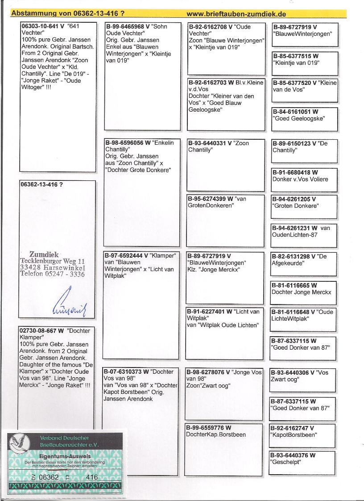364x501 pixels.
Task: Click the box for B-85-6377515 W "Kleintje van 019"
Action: [x=305, y=63]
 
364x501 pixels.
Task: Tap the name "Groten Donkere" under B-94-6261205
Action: [x=295, y=206]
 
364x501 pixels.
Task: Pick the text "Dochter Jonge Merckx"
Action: [x=302, y=292]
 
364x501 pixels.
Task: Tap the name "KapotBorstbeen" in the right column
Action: [x=294, y=434]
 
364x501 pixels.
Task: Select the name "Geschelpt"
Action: [x=286, y=462]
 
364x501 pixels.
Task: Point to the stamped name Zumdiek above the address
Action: [x=44, y=255]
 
